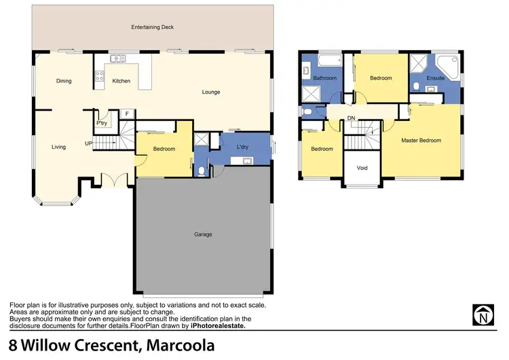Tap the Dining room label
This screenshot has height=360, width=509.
click(64, 82)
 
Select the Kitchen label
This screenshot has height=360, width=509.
click(121, 82)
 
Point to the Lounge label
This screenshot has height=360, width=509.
click(210, 92)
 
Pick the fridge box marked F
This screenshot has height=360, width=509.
click(126, 113)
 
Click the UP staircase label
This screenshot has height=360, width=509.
click(88, 143)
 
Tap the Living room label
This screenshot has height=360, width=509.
click(58, 147)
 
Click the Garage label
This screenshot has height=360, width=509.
click(203, 234)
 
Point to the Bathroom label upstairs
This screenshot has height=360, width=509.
click(324, 78)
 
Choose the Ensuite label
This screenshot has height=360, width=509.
click(435, 78)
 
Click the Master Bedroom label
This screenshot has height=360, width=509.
click(421, 141)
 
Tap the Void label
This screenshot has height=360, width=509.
click(362, 167)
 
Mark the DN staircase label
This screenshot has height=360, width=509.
click(351, 118)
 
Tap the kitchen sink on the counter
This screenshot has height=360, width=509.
click(115, 59)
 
